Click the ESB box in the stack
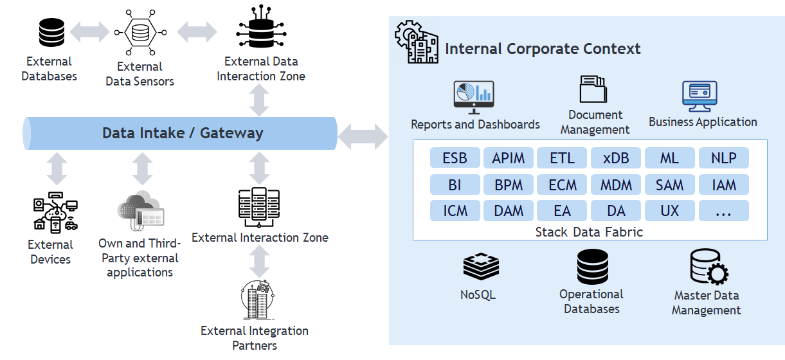point(455,157)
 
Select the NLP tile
point(724,157)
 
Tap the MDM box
point(616,184)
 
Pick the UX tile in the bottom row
point(670,211)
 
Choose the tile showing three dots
point(724,211)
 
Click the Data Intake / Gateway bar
point(180,133)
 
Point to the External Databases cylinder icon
point(51,32)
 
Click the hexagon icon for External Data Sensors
point(140,33)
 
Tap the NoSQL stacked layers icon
point(481,266)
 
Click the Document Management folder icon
point(593,89)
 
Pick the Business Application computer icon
point(699,96)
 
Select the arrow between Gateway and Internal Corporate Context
point(363,137)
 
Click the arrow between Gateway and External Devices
point(57,168)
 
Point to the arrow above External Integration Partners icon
point(259,262)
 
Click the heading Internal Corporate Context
point(543,48)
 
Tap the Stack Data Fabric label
point(589,232)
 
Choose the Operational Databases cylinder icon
point(593,267)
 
